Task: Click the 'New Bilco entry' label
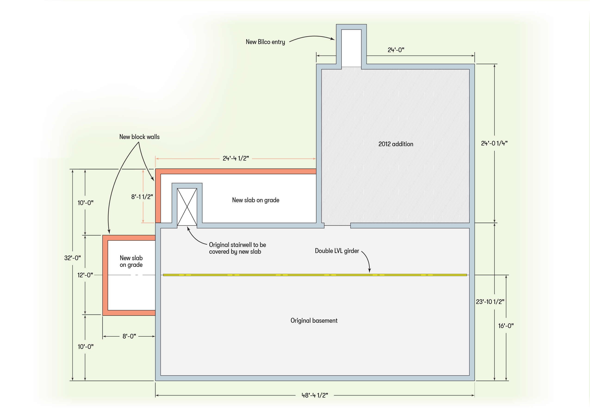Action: [265, 42]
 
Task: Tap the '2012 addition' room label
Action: [395, 144]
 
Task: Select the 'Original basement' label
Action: [314, 321]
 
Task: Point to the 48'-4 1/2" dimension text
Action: [314, 395]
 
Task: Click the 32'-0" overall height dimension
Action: [72, 258]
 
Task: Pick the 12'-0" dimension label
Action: [85, 275]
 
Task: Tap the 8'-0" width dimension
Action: [129, 336]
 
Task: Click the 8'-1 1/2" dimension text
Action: [142, 197]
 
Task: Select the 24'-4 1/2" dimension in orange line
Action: [236, 158]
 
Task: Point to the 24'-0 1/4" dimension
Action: [494, 143]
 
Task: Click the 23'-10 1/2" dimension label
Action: [490, 302]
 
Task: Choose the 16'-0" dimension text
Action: [506, 326]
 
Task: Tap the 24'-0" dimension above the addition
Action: [396, 50]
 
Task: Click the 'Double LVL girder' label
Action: [337, 251]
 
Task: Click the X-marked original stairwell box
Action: [187, 207]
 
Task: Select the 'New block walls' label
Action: [139, 137]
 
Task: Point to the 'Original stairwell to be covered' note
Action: [237, 248]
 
